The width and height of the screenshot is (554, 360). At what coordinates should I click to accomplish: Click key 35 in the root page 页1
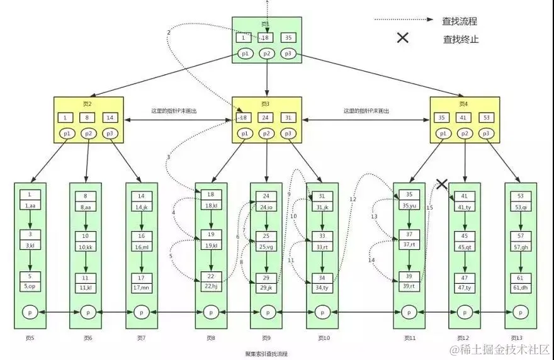[x=288, y=38]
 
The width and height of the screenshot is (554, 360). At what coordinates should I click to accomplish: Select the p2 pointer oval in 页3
[x=267, y=133]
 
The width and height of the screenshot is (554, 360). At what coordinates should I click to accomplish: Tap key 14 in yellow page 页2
[x=110, y=118]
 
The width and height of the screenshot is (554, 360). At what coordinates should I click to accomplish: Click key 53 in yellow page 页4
[x=485, y=118]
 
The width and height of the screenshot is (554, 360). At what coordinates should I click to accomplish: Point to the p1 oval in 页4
[x=443, y=133]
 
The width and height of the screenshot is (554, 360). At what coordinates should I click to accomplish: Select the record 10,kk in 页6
[x=86, y=247]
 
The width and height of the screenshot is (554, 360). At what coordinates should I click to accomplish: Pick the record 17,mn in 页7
[x=142, y=288]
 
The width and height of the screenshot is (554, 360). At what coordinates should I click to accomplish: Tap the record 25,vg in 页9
[x=266, y=247]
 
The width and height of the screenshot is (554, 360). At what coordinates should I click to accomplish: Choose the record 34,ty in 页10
[x=322, y=288]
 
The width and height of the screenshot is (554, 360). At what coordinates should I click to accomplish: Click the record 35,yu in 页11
[x=410, y=206]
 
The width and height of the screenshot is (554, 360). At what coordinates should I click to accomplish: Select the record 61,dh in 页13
[x=521, y=288]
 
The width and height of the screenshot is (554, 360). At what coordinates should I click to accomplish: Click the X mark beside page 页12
[x=442, y=184]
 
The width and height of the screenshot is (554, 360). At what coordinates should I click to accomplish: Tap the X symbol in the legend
[x=402, y=38]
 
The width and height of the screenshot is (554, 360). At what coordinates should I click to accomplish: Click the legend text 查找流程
[x=460, y=20]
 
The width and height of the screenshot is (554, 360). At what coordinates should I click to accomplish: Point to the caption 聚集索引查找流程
[x=266, y=354]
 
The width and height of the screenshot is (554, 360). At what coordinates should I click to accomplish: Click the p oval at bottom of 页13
[x=521, y=312]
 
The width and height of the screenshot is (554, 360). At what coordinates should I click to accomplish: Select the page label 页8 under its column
[x=210, y=338]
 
